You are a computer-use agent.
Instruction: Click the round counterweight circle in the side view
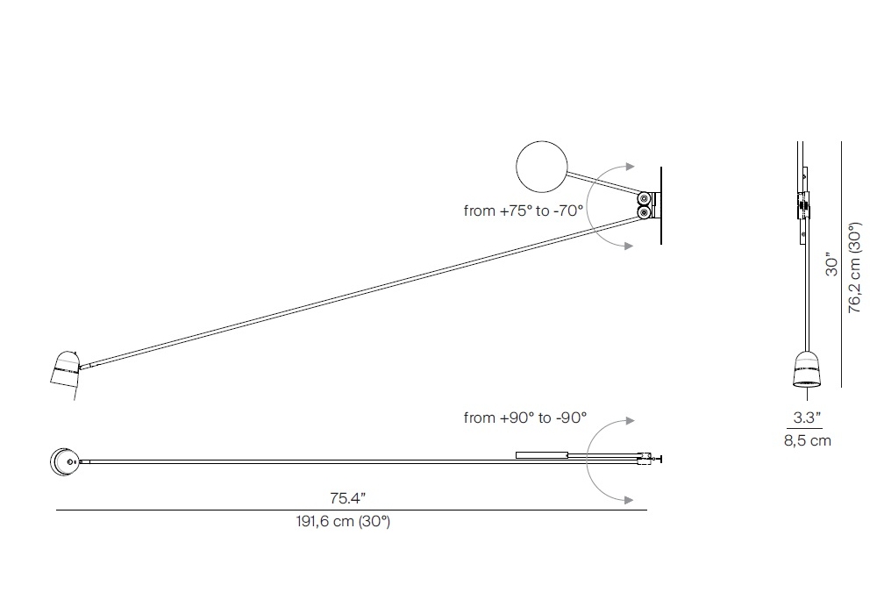click(541, 167)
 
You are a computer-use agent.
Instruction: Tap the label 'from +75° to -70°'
click(524, 211)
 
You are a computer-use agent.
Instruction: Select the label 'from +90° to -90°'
click(525, 418)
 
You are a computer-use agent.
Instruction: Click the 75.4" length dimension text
click(347, 497)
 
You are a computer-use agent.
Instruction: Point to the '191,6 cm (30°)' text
click(343, 521)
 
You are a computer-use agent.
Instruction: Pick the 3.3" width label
click(807, 418)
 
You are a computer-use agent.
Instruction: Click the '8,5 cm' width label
click(807, 440)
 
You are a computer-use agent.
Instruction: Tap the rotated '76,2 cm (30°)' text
click(854, 268)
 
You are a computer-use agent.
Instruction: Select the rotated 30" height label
click(832, 266)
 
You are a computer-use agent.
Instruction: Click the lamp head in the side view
click(65, 375)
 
